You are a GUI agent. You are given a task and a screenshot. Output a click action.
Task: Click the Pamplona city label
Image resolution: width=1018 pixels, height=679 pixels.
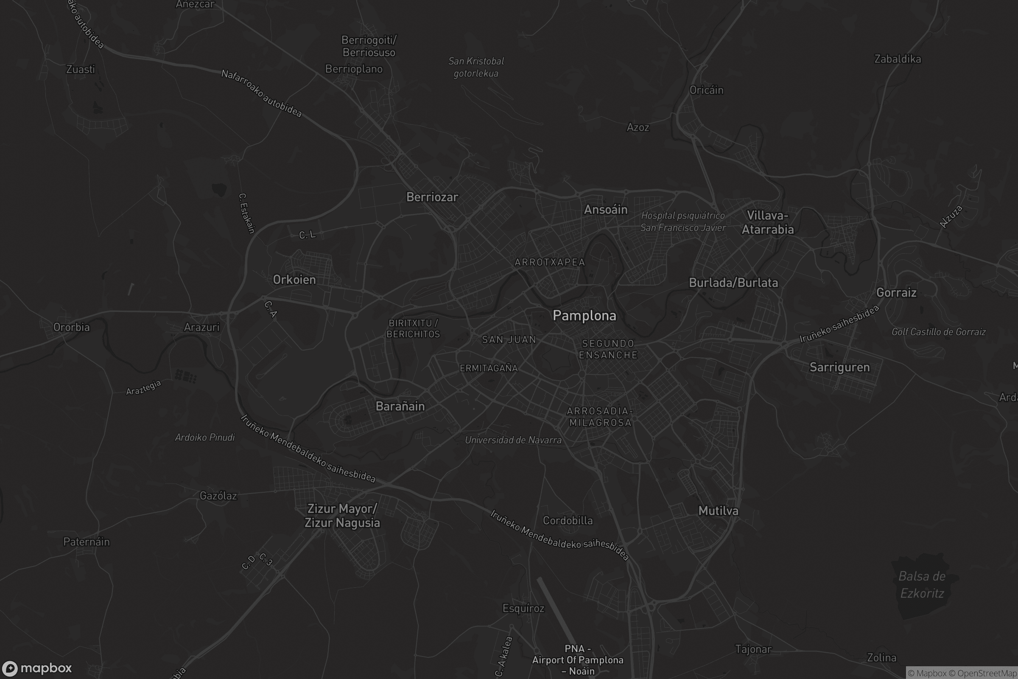coord(585,316)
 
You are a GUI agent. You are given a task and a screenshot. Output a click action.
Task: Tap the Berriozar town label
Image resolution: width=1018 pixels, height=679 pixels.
coord(432,197)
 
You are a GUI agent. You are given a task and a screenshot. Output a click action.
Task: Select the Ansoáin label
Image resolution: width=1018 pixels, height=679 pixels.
coord(606,210)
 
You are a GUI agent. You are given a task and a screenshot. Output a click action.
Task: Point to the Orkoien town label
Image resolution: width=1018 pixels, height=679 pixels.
coord(294,280)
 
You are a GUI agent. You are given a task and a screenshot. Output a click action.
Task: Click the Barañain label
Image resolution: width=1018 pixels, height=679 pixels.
coord(400,406)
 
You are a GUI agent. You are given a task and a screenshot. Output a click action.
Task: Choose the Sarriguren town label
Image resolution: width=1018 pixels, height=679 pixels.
coord(839,367)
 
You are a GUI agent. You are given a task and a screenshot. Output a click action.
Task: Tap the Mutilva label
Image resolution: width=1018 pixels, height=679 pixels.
coord(718,511)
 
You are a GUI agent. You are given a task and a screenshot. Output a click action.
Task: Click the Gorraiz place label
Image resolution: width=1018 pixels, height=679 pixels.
coord(896,293)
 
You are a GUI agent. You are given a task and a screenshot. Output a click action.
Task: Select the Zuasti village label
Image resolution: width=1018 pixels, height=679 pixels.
coord(81,69)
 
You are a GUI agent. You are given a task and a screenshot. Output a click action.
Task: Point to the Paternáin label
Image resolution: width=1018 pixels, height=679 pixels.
coord(87,542)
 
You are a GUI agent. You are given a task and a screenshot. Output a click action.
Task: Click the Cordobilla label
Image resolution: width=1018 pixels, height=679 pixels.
coord(568,521)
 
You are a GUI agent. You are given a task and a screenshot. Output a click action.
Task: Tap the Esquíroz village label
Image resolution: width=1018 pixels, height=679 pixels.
coord(523,609)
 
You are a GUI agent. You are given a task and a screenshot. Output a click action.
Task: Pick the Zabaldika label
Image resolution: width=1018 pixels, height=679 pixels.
coord(897,59)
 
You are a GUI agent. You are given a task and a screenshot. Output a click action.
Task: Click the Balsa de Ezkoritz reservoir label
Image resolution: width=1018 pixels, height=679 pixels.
coord(922,585)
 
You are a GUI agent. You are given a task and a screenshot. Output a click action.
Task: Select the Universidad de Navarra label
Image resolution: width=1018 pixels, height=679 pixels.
coord(513,440)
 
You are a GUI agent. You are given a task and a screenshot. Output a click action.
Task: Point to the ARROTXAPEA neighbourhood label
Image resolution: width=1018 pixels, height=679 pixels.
coord(550,262)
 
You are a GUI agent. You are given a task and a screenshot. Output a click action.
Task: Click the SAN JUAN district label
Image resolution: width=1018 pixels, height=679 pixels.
coord(509,339)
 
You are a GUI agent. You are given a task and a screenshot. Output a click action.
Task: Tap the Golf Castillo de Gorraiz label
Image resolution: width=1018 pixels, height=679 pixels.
coord(938,332)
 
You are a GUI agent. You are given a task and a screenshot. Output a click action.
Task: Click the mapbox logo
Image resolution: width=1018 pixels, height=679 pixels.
coord(36,668)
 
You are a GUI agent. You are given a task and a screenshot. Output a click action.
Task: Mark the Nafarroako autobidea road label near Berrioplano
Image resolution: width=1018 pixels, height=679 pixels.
coord(261,93)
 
